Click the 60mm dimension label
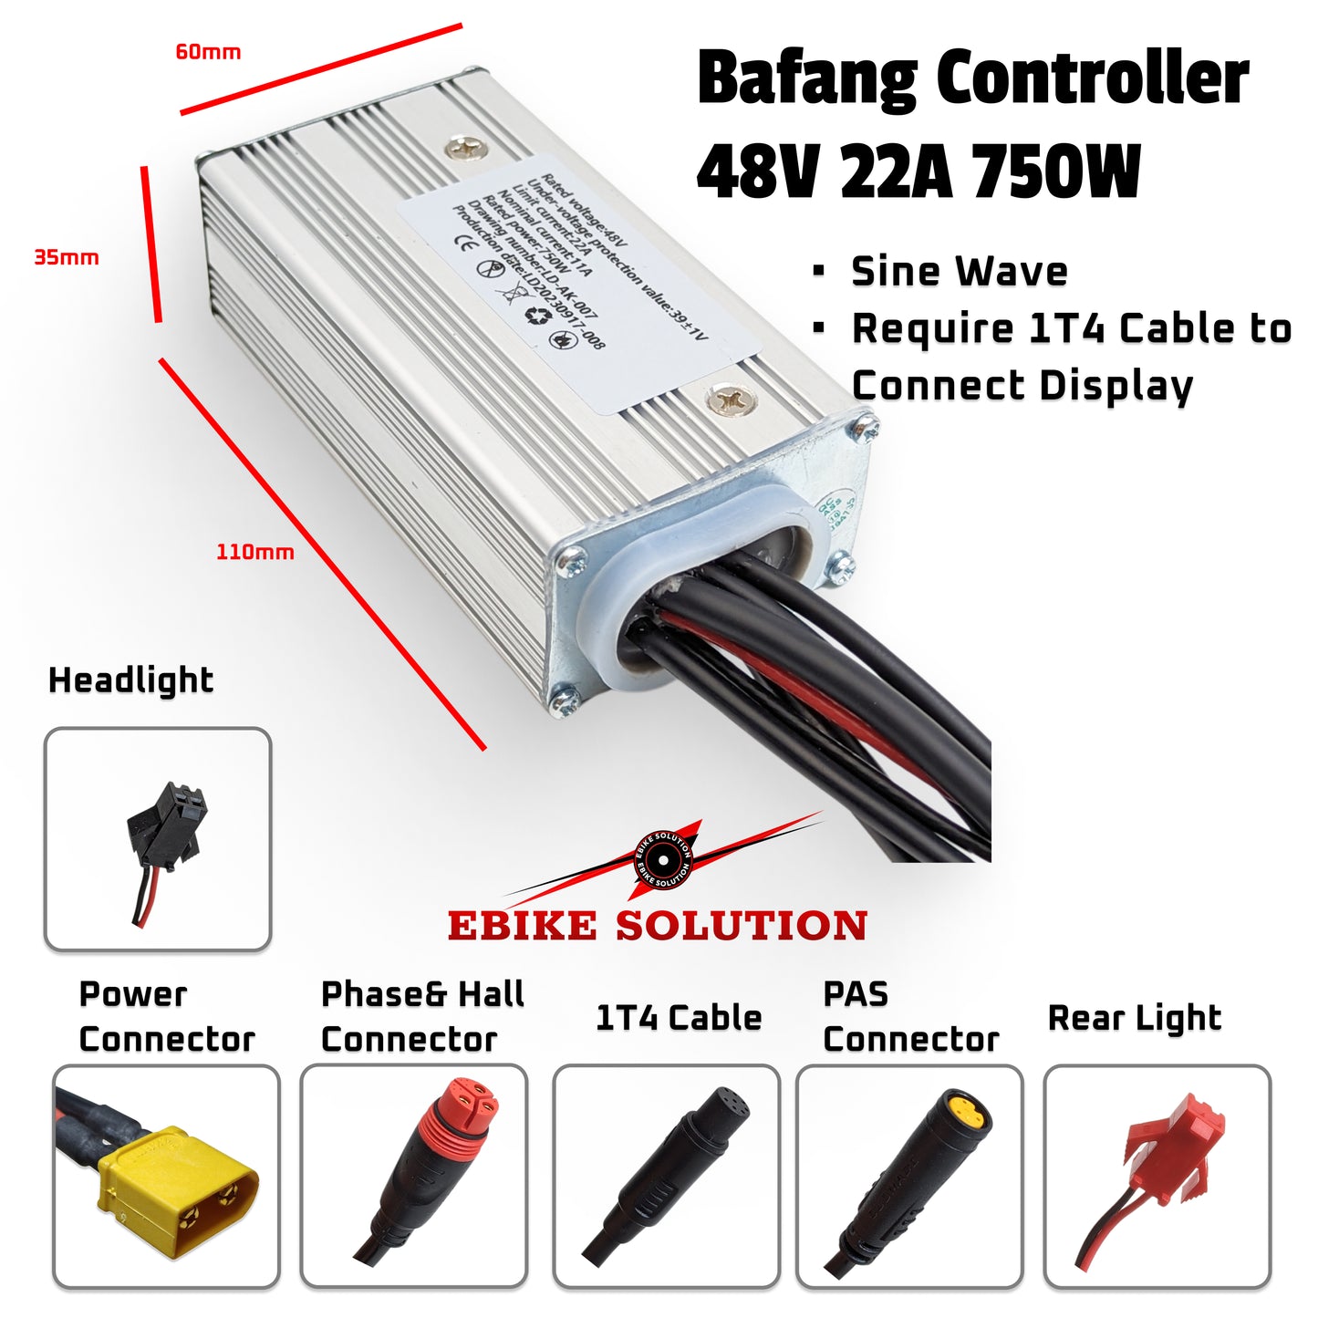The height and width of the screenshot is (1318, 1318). [208, 52]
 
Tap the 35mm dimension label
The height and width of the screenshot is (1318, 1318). [67, 257]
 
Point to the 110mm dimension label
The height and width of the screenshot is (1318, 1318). [254, 552]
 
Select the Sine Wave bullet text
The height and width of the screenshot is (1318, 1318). [959, 272]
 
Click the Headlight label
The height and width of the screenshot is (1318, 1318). [130, 680]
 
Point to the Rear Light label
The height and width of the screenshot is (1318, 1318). [1134, 1018]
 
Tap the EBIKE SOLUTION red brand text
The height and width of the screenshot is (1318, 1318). [657, 926]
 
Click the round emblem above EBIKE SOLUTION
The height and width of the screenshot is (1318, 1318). [663, 860]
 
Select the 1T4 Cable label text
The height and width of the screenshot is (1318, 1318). [679, 1018]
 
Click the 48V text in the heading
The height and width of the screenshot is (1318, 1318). [756, 172]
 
